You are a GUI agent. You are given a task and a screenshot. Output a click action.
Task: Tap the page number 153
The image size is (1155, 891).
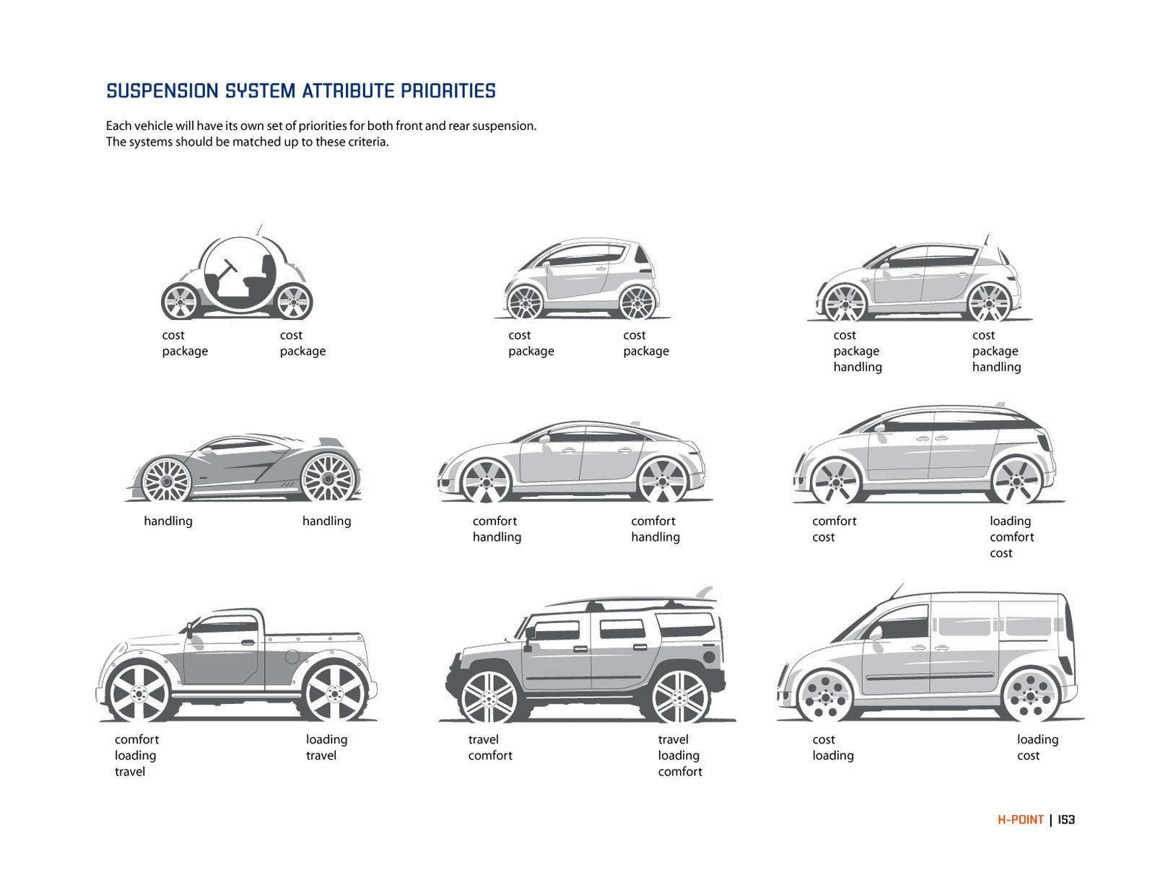(1066, 820)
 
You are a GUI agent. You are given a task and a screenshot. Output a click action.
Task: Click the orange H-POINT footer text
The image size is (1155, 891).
(1020, 820)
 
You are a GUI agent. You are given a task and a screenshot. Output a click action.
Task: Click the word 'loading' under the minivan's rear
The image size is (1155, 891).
(1010, 521)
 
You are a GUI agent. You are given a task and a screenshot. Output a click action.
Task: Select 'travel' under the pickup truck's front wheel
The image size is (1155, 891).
(130, 771)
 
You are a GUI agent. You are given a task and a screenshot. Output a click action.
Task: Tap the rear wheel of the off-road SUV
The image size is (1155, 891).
(679, 697)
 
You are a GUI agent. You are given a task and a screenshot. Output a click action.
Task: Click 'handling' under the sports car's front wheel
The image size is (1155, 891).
(168, 521)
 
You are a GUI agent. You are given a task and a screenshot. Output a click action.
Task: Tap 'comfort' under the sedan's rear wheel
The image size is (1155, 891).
(653, 521)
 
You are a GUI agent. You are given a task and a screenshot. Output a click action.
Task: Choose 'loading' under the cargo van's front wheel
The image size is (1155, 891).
(833, 755)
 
